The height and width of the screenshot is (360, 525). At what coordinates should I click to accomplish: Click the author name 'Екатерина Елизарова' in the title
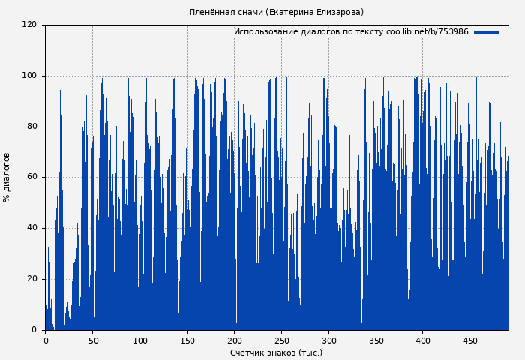click(315, 12)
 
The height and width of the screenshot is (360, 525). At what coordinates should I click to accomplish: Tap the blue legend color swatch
click(486, 32)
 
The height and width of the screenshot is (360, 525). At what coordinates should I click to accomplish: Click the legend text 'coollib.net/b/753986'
click(427, 32)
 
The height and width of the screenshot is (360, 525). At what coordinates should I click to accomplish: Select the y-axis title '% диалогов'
click(7, 177)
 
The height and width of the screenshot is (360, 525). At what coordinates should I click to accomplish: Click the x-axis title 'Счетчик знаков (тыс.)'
click(276, 352)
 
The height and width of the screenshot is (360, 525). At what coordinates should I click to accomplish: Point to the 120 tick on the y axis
click(29, 25)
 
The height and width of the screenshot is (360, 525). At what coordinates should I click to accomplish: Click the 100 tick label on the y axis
click(29, 76)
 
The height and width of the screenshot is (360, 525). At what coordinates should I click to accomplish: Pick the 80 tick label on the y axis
click(31, 127)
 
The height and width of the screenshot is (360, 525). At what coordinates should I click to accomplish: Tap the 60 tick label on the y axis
click(31, 177)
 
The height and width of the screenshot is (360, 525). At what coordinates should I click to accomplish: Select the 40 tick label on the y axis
click(31, 228)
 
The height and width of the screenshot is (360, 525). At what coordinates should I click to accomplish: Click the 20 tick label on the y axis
click(31, 279)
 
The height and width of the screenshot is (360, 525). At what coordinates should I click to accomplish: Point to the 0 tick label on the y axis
click(34, 329)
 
